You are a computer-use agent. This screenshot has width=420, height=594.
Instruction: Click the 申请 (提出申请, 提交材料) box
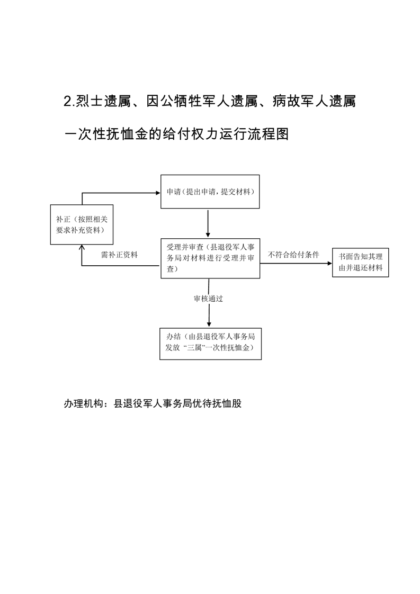tap(210, 192)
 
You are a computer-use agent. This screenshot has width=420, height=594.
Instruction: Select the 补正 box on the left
tap(82, 224)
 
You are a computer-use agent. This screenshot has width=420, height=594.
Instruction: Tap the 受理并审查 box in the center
tap(210, 258)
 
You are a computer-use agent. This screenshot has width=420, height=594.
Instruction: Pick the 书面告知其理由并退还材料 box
tap(361, 263)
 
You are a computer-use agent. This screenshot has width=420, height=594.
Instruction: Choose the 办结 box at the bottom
tap(210, 344)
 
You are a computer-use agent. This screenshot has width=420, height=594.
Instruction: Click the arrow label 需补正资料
tap(119, 255)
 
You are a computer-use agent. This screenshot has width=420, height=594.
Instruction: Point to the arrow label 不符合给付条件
tap(294, 255)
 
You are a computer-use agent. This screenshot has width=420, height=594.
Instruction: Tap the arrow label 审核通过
tap(209, 299)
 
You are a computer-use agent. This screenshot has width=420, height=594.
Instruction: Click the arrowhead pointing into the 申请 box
tap(158, 193)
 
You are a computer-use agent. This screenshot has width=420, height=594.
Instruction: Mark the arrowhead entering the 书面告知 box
tap(330, 263)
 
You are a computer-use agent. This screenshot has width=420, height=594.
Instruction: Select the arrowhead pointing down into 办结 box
tap(209, 325)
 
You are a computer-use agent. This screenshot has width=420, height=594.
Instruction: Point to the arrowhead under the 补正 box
tap(82, 247)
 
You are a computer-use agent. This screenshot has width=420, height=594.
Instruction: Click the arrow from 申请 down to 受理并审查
tap(208, 223)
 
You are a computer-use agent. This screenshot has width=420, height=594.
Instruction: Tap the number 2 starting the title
tap(68, 102)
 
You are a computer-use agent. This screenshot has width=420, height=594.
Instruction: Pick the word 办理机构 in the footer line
tap(83, 403)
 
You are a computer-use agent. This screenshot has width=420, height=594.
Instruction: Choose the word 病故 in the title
tap(286, 102)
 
